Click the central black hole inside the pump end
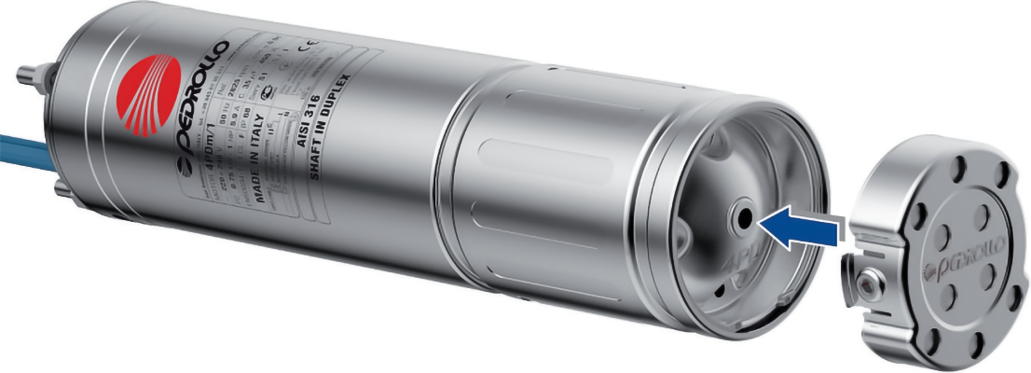(x=744, y=217)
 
